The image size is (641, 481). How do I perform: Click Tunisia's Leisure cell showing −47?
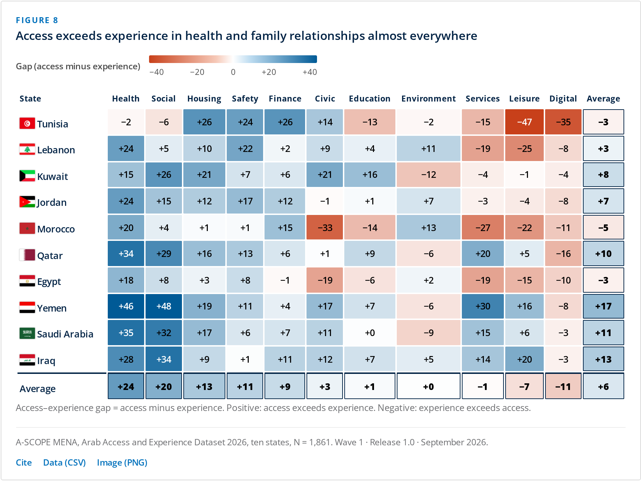524,122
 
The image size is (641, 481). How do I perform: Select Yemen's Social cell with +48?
164,306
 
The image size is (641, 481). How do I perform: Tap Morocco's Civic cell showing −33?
325,228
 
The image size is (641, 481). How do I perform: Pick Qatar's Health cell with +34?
126,253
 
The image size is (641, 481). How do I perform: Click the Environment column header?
428,99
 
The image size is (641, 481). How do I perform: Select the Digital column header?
563,99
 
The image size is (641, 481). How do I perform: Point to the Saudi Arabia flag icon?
27,333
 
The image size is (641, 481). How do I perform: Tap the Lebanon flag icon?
27,149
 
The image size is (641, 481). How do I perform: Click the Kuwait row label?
52,176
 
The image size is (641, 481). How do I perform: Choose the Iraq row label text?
46,361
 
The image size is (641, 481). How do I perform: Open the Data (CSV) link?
64,462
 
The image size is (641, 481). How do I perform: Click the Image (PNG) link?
122,462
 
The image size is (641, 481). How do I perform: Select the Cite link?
24,462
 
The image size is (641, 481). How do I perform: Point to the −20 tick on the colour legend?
197,72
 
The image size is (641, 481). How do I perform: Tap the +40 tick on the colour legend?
310,72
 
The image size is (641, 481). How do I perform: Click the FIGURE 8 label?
37,20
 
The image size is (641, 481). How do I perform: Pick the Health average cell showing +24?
126,386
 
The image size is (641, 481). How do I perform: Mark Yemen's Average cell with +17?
603,306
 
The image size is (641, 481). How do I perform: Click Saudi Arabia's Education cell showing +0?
369,333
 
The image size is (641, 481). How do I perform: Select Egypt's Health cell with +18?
126,280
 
